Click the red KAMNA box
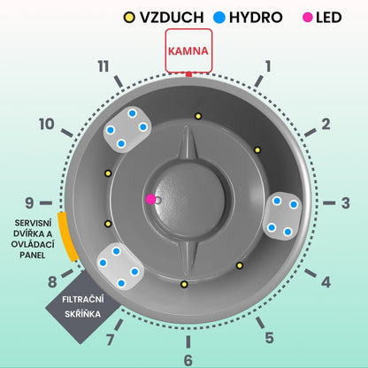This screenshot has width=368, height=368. tap(188, 50)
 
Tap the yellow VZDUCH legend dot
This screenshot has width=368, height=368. tap(129, 18)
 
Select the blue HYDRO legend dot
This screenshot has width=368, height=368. tap(219, 18)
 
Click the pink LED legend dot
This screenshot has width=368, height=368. tap(308, 18)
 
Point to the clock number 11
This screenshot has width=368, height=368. tap(103, 66)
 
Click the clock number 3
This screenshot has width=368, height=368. tap(346, 203)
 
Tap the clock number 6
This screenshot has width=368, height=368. tap(188, 360)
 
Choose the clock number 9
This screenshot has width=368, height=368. tap(29, 203)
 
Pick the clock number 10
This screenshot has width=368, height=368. tap(47, 124)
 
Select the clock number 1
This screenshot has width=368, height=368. tap(268, 66)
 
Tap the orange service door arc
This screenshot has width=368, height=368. tap(67, 237)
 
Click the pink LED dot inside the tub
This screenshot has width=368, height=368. tap(151, 199)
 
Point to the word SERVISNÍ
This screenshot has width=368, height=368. tap(33, 223)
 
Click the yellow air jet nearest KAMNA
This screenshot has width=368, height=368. tap(198, 116)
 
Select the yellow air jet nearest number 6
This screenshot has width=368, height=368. tap(184, 285)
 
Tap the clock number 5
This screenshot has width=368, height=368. tap(269, 338)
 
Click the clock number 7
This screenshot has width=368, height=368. tap(110, 340)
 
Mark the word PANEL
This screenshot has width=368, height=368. tap(33, 255)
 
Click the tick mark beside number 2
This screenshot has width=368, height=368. tap(310, 133)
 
